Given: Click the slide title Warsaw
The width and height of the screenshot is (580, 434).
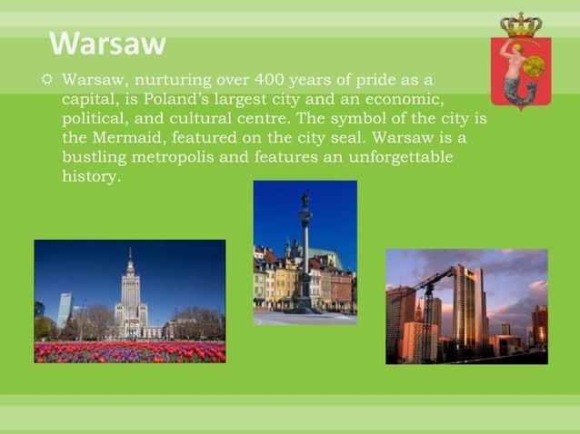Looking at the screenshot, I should click(x=107, y=44).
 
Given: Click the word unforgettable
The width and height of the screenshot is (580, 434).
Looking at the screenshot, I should click(x=401, y=158).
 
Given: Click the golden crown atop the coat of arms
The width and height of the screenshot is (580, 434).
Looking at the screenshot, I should click(x=521, y=25).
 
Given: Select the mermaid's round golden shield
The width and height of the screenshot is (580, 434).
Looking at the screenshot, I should click(x=534, y=65).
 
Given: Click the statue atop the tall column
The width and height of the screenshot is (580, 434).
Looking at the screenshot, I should click(x=305, y=200).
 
